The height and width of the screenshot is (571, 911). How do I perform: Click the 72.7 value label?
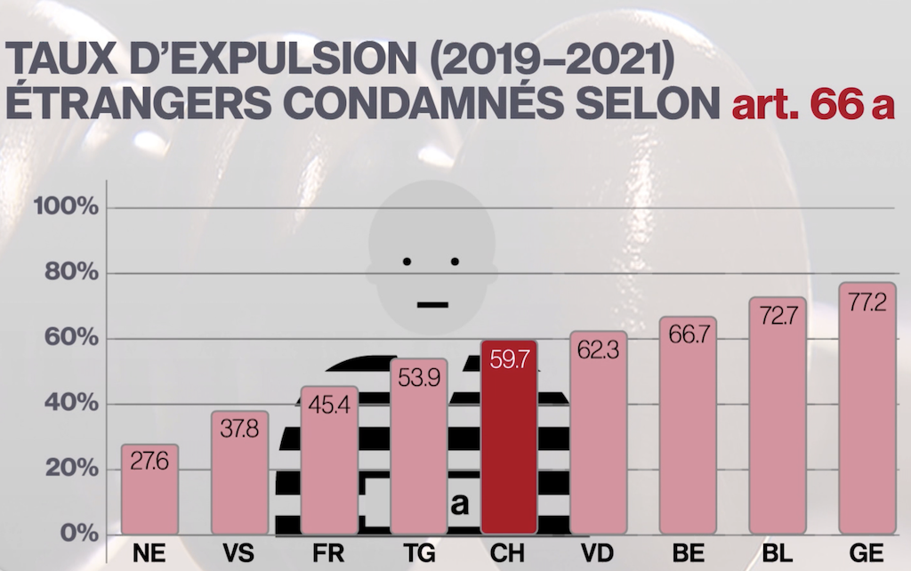point(778,315)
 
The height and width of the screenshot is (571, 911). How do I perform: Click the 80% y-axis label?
point(70,273)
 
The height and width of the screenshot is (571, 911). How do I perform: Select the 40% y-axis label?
point(70,404)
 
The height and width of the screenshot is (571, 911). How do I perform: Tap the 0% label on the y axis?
point(77,534)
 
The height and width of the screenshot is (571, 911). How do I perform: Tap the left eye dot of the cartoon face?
point(407,261)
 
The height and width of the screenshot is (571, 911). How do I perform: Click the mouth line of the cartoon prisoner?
point(431,304)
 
